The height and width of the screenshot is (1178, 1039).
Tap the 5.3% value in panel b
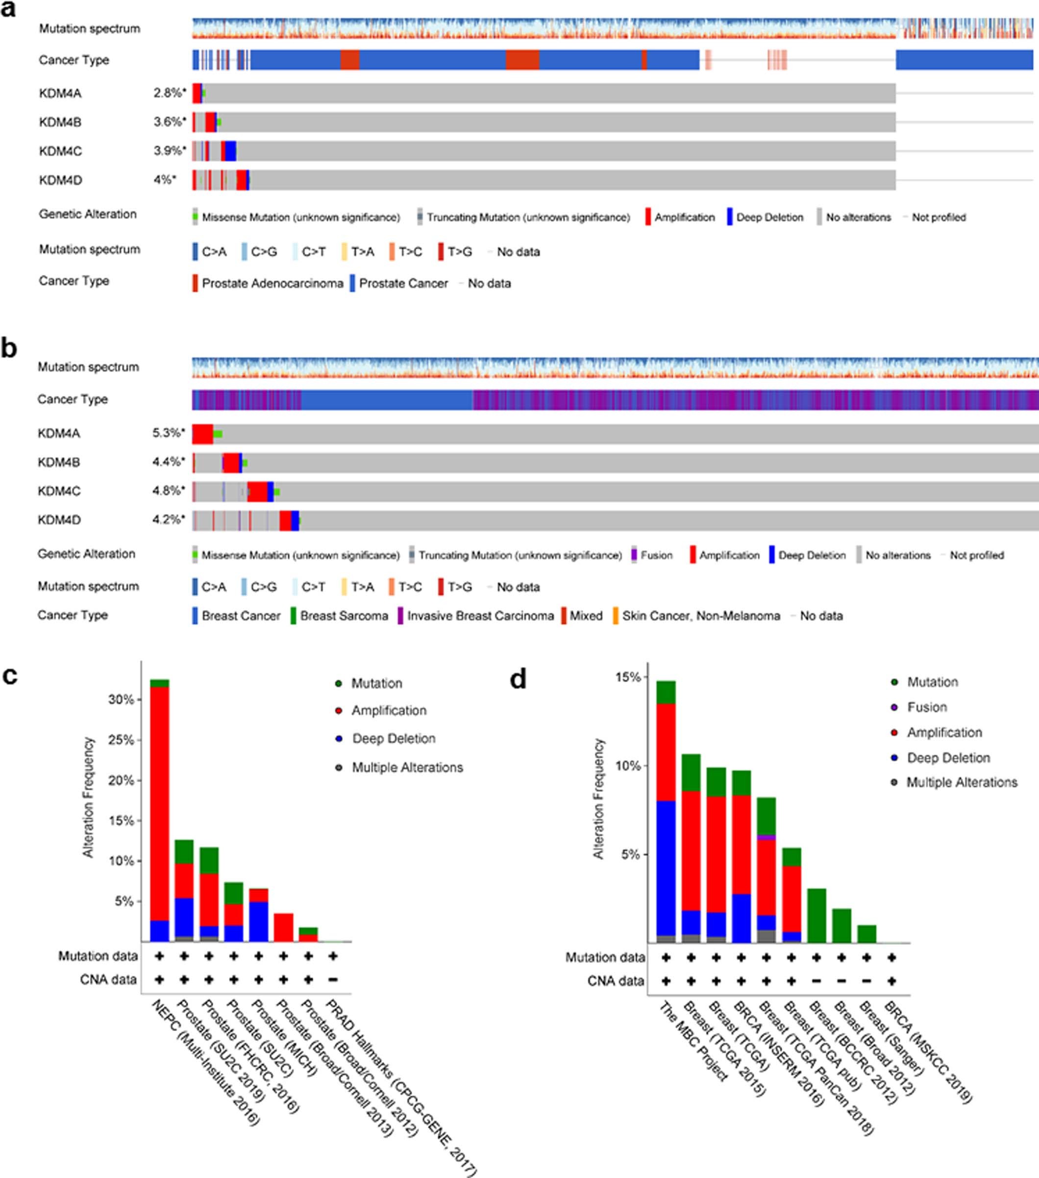point(168,433)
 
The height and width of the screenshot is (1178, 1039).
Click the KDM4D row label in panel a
point(60,180)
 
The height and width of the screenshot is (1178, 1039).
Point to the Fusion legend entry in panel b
point(656,555)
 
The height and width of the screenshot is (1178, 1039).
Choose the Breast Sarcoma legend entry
point(344,616)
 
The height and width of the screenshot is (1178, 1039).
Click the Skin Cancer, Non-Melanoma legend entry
point(701,616)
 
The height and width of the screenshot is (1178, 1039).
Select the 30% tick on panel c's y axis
point(121,700)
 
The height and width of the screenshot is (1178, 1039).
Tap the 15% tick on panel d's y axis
point(627,677)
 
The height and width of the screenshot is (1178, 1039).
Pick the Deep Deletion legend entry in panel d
point(948,758)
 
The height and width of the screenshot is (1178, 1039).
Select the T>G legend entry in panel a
point(459,252)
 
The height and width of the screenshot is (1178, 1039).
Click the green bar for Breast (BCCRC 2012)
point(816,916)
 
